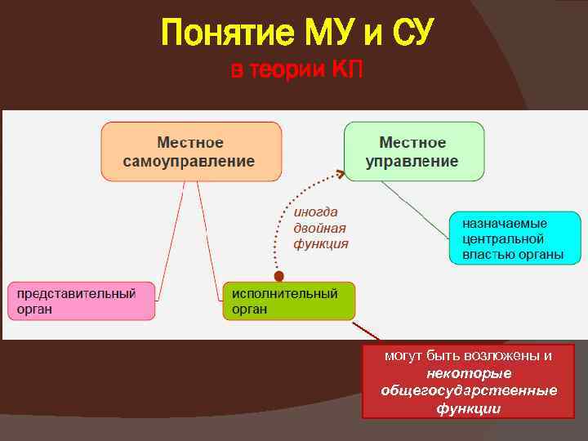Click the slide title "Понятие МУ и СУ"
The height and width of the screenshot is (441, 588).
[x=297, y=33]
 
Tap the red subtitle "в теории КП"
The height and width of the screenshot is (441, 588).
[x=296, y=71]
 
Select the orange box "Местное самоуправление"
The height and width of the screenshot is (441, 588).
[x=191, y=151]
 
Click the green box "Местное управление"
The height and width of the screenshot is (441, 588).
[x=413, y=151]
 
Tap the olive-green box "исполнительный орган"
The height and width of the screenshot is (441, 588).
[x=288, y=301]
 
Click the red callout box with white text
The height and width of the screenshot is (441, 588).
[x=469, y=381]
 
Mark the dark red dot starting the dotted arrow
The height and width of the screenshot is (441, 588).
[x=278, y=276]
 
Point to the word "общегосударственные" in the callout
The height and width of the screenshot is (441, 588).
[x=469, y=390]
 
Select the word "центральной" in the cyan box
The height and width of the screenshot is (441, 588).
[x=503, y=238]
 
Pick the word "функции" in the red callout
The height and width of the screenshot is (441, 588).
[x=469, y=408]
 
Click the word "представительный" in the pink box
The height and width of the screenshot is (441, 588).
[x=75, y=292]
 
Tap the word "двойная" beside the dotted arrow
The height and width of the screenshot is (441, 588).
[x=320, y=227]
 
